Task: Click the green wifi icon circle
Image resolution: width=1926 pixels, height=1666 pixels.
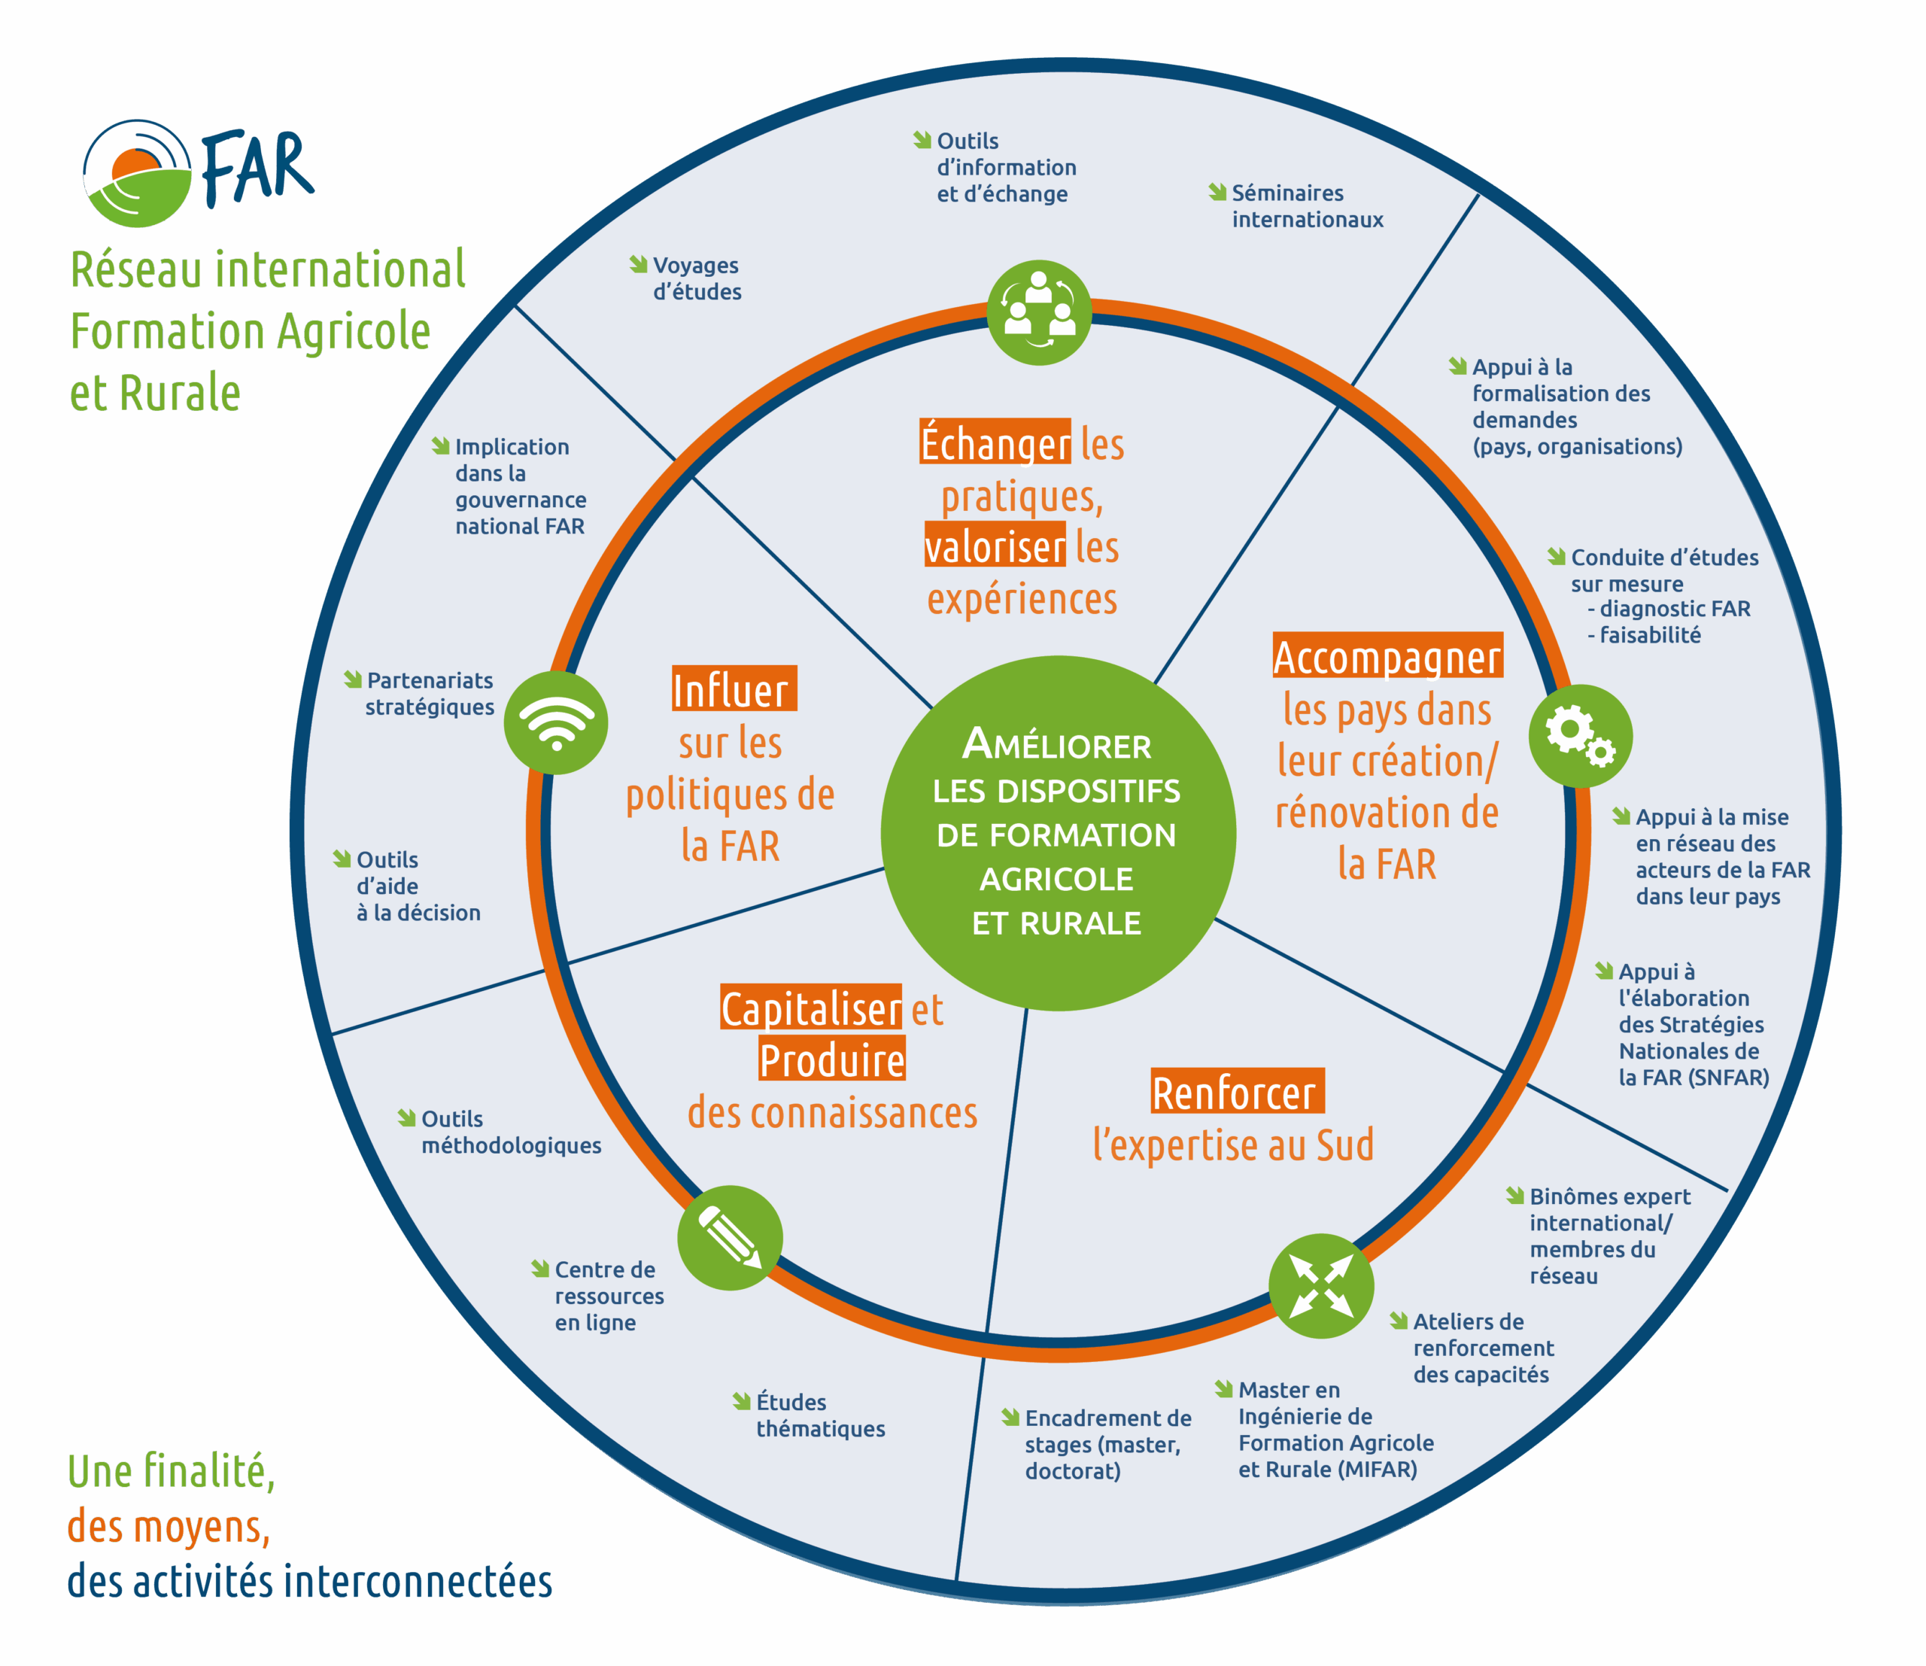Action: tap(556, 722)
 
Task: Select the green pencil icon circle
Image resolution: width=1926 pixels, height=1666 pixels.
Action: tap(730, 1237)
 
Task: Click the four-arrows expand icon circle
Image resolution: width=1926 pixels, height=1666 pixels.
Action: tap(1321, 1286)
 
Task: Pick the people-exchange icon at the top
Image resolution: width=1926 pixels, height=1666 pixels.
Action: tap(1038, 312)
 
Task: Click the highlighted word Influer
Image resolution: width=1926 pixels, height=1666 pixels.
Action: tap(734, 689)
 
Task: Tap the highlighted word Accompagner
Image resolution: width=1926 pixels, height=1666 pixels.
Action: tap(1387, 656)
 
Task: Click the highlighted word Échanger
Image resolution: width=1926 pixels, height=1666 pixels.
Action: tap(995, 442)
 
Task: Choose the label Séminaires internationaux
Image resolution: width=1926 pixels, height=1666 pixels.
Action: tap(1306, 206)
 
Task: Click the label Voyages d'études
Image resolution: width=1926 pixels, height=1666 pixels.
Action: tap(696, 279)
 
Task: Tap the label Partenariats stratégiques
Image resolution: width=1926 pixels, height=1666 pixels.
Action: tap(430, 694)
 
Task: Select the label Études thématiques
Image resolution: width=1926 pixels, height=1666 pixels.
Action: tap(820, 1415)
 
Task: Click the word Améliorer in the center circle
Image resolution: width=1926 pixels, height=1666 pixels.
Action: tap(1057, 745)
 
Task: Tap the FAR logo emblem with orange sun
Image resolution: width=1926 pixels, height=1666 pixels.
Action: tap(137, 174)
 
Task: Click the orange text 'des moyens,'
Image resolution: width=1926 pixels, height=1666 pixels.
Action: tap(169, 1527)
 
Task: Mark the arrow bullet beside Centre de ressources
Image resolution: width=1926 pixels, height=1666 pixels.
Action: tap(540, 1268)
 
